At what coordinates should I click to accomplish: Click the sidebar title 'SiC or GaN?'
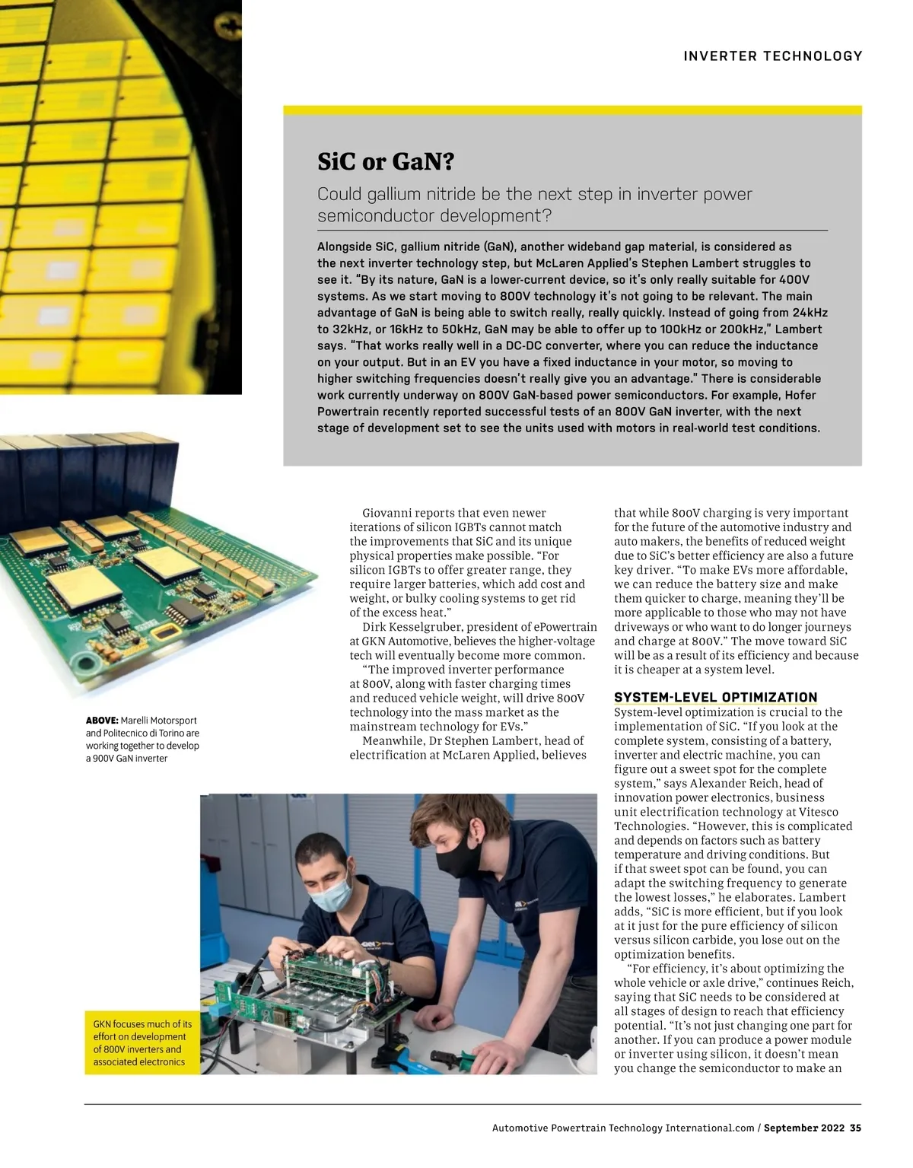click(385, 162)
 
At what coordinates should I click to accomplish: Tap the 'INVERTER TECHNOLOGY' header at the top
click(773, 56)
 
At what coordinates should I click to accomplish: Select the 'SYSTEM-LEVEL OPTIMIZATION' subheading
click(715, 697)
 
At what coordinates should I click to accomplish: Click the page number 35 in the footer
click(856, 1128)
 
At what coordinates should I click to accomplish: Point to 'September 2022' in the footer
click(804, 1128)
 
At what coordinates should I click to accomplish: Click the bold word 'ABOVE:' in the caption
click(102, 720)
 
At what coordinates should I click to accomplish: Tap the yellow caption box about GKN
click(142, 1042)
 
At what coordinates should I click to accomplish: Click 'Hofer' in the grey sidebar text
click(781, 395)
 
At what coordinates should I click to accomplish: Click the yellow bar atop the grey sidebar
click(572, 110)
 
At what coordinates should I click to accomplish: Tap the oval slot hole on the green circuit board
click(165, 632)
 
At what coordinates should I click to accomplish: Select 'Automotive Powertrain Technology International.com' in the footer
click(622, 1128)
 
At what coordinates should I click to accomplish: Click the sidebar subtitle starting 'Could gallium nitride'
click(534, 205)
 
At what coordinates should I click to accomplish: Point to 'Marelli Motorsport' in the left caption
click(159, 720)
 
